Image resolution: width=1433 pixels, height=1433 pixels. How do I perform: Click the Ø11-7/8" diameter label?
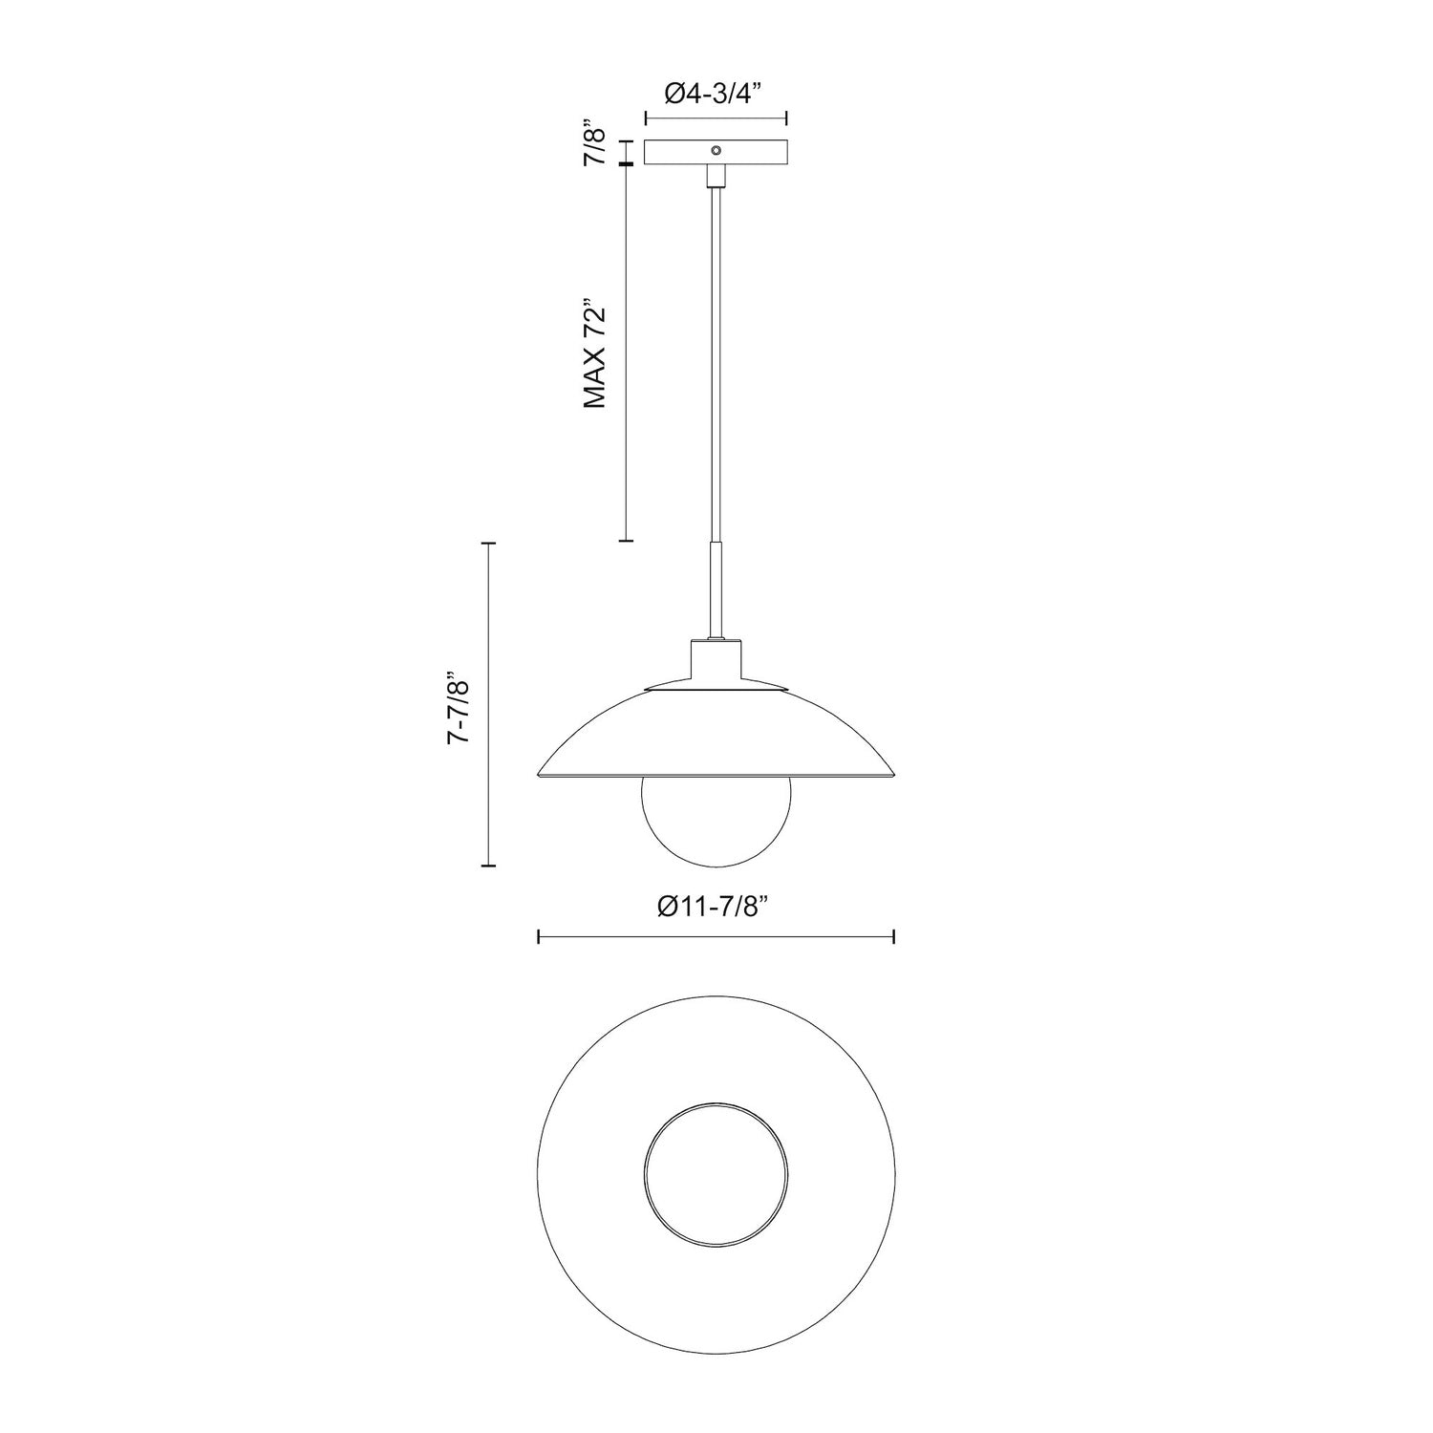pos(715,908)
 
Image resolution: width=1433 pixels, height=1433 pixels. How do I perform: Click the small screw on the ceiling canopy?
pos(716,150)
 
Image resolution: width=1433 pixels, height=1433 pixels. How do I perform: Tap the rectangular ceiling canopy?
pos(678,153)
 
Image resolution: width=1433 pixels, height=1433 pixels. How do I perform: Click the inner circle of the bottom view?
pos(716,1174)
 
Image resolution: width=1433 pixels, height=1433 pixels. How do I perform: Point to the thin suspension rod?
pos(716,363)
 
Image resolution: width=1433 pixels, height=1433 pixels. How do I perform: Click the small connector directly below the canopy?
pos(716,176)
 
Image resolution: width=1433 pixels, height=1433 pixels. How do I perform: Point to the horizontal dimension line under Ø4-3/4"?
pos(716,118)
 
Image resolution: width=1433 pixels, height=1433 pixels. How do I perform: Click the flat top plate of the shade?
pos(716,687)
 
